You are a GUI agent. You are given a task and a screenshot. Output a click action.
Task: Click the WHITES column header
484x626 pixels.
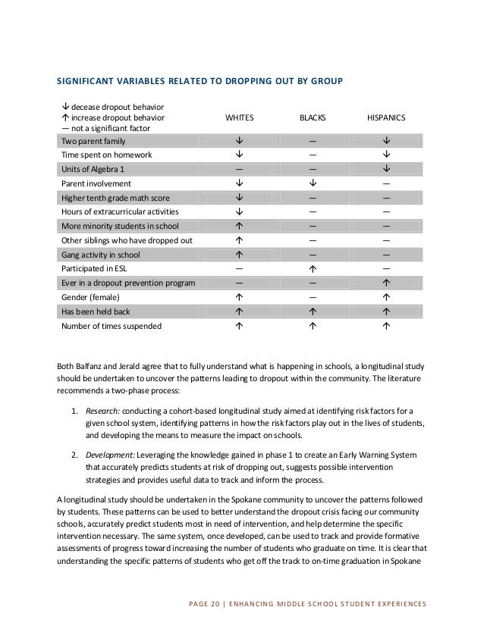[x=240, y=118]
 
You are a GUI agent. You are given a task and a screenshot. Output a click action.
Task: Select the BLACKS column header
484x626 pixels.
[x=313, y=118]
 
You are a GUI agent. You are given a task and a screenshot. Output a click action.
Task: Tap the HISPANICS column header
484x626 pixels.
[x=385, y=118]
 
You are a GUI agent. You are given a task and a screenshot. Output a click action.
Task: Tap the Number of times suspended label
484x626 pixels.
[x=111, y=327]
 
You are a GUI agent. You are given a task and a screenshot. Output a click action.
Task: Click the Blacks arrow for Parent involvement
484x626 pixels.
[x=313, y=183]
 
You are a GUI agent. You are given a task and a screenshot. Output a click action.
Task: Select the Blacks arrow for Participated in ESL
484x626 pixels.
[x=313, y=268]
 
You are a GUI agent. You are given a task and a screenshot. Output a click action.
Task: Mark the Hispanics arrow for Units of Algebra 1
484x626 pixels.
[x=386, y=169]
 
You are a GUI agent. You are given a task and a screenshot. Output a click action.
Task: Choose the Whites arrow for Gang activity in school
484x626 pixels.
[x=240, y=254]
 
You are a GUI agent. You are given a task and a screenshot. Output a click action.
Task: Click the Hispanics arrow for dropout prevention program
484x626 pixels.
[x=386, y=283]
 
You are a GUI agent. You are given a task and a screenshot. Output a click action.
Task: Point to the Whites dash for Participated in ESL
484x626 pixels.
[x=240, y=268]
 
